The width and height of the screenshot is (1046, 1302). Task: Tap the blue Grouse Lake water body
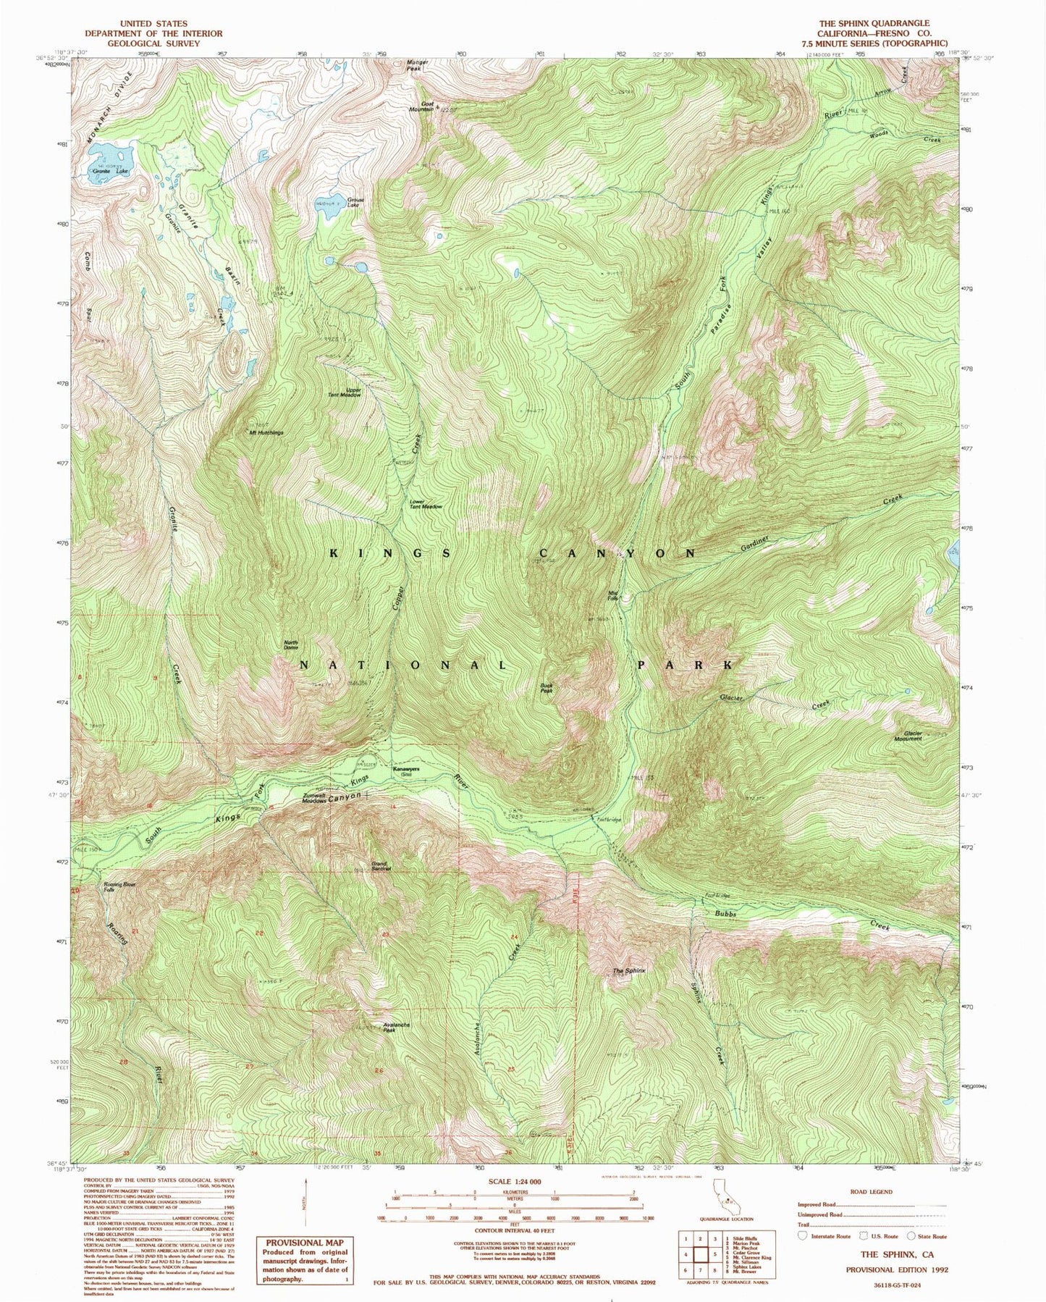330,202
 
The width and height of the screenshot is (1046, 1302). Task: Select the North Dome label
290,644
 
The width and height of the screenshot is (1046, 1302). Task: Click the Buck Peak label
547,688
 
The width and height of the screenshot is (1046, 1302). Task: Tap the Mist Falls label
613,596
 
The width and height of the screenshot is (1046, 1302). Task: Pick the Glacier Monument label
908,736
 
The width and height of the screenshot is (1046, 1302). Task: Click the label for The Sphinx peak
628,970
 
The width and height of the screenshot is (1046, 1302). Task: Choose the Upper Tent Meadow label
345,392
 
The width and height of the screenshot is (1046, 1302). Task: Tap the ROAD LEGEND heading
871,1191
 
